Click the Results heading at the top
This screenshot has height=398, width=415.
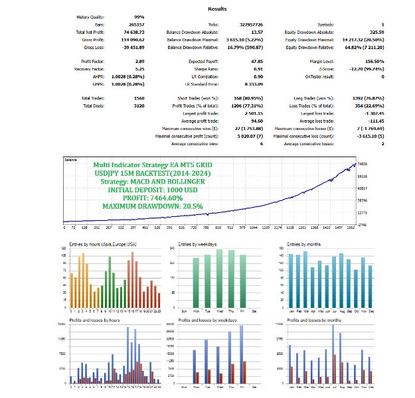[217, 9]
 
